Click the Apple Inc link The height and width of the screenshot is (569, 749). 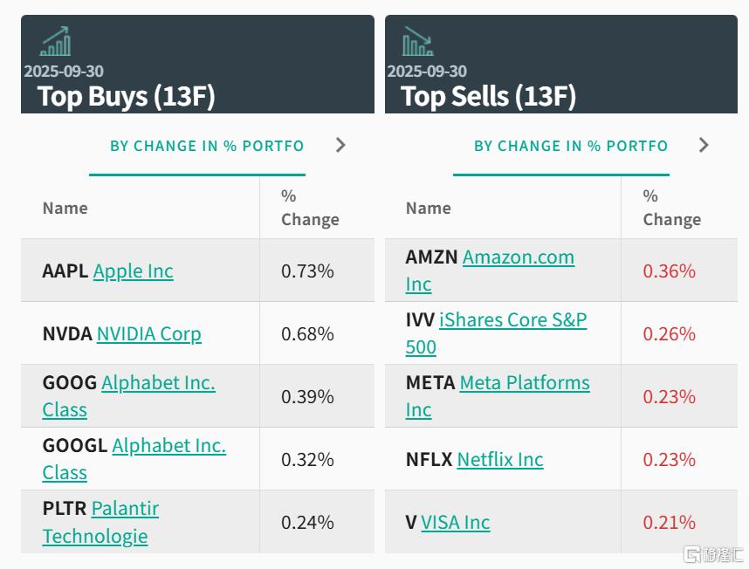click(x=133, y=271)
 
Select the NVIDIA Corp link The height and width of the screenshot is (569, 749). click(x=148, y=334)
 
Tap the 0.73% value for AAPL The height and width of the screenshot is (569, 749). click(x=307, y=271)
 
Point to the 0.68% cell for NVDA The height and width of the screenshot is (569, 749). click(x=307, y=334)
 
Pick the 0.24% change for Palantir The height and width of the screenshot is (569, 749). click(x=307, y=523)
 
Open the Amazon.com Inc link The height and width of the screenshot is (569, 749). click(x=518, y=257)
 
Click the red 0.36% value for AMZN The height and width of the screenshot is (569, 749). click(x=669, y=271)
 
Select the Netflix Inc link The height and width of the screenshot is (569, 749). click(x=500, y=460)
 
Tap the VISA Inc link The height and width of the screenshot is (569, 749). click(x=455, y=523)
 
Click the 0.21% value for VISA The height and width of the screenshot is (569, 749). click(x=669, y=523)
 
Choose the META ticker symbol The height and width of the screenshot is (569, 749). click(x=429, y=382)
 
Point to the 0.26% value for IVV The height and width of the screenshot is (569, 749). click(x=669, y=334)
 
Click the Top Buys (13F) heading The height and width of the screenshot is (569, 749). click(x=127, y=96)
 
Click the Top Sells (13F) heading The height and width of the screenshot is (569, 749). click(x=489, y=96)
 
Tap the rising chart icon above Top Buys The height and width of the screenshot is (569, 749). click(x=55, y=41)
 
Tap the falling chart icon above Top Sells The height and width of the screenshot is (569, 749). click(x=417, y=41)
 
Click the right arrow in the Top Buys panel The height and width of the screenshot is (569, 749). click(x=340, y=145)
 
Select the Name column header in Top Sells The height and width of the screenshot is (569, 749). click(x=428, y=209)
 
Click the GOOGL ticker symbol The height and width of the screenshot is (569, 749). click(x=74, y=445)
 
